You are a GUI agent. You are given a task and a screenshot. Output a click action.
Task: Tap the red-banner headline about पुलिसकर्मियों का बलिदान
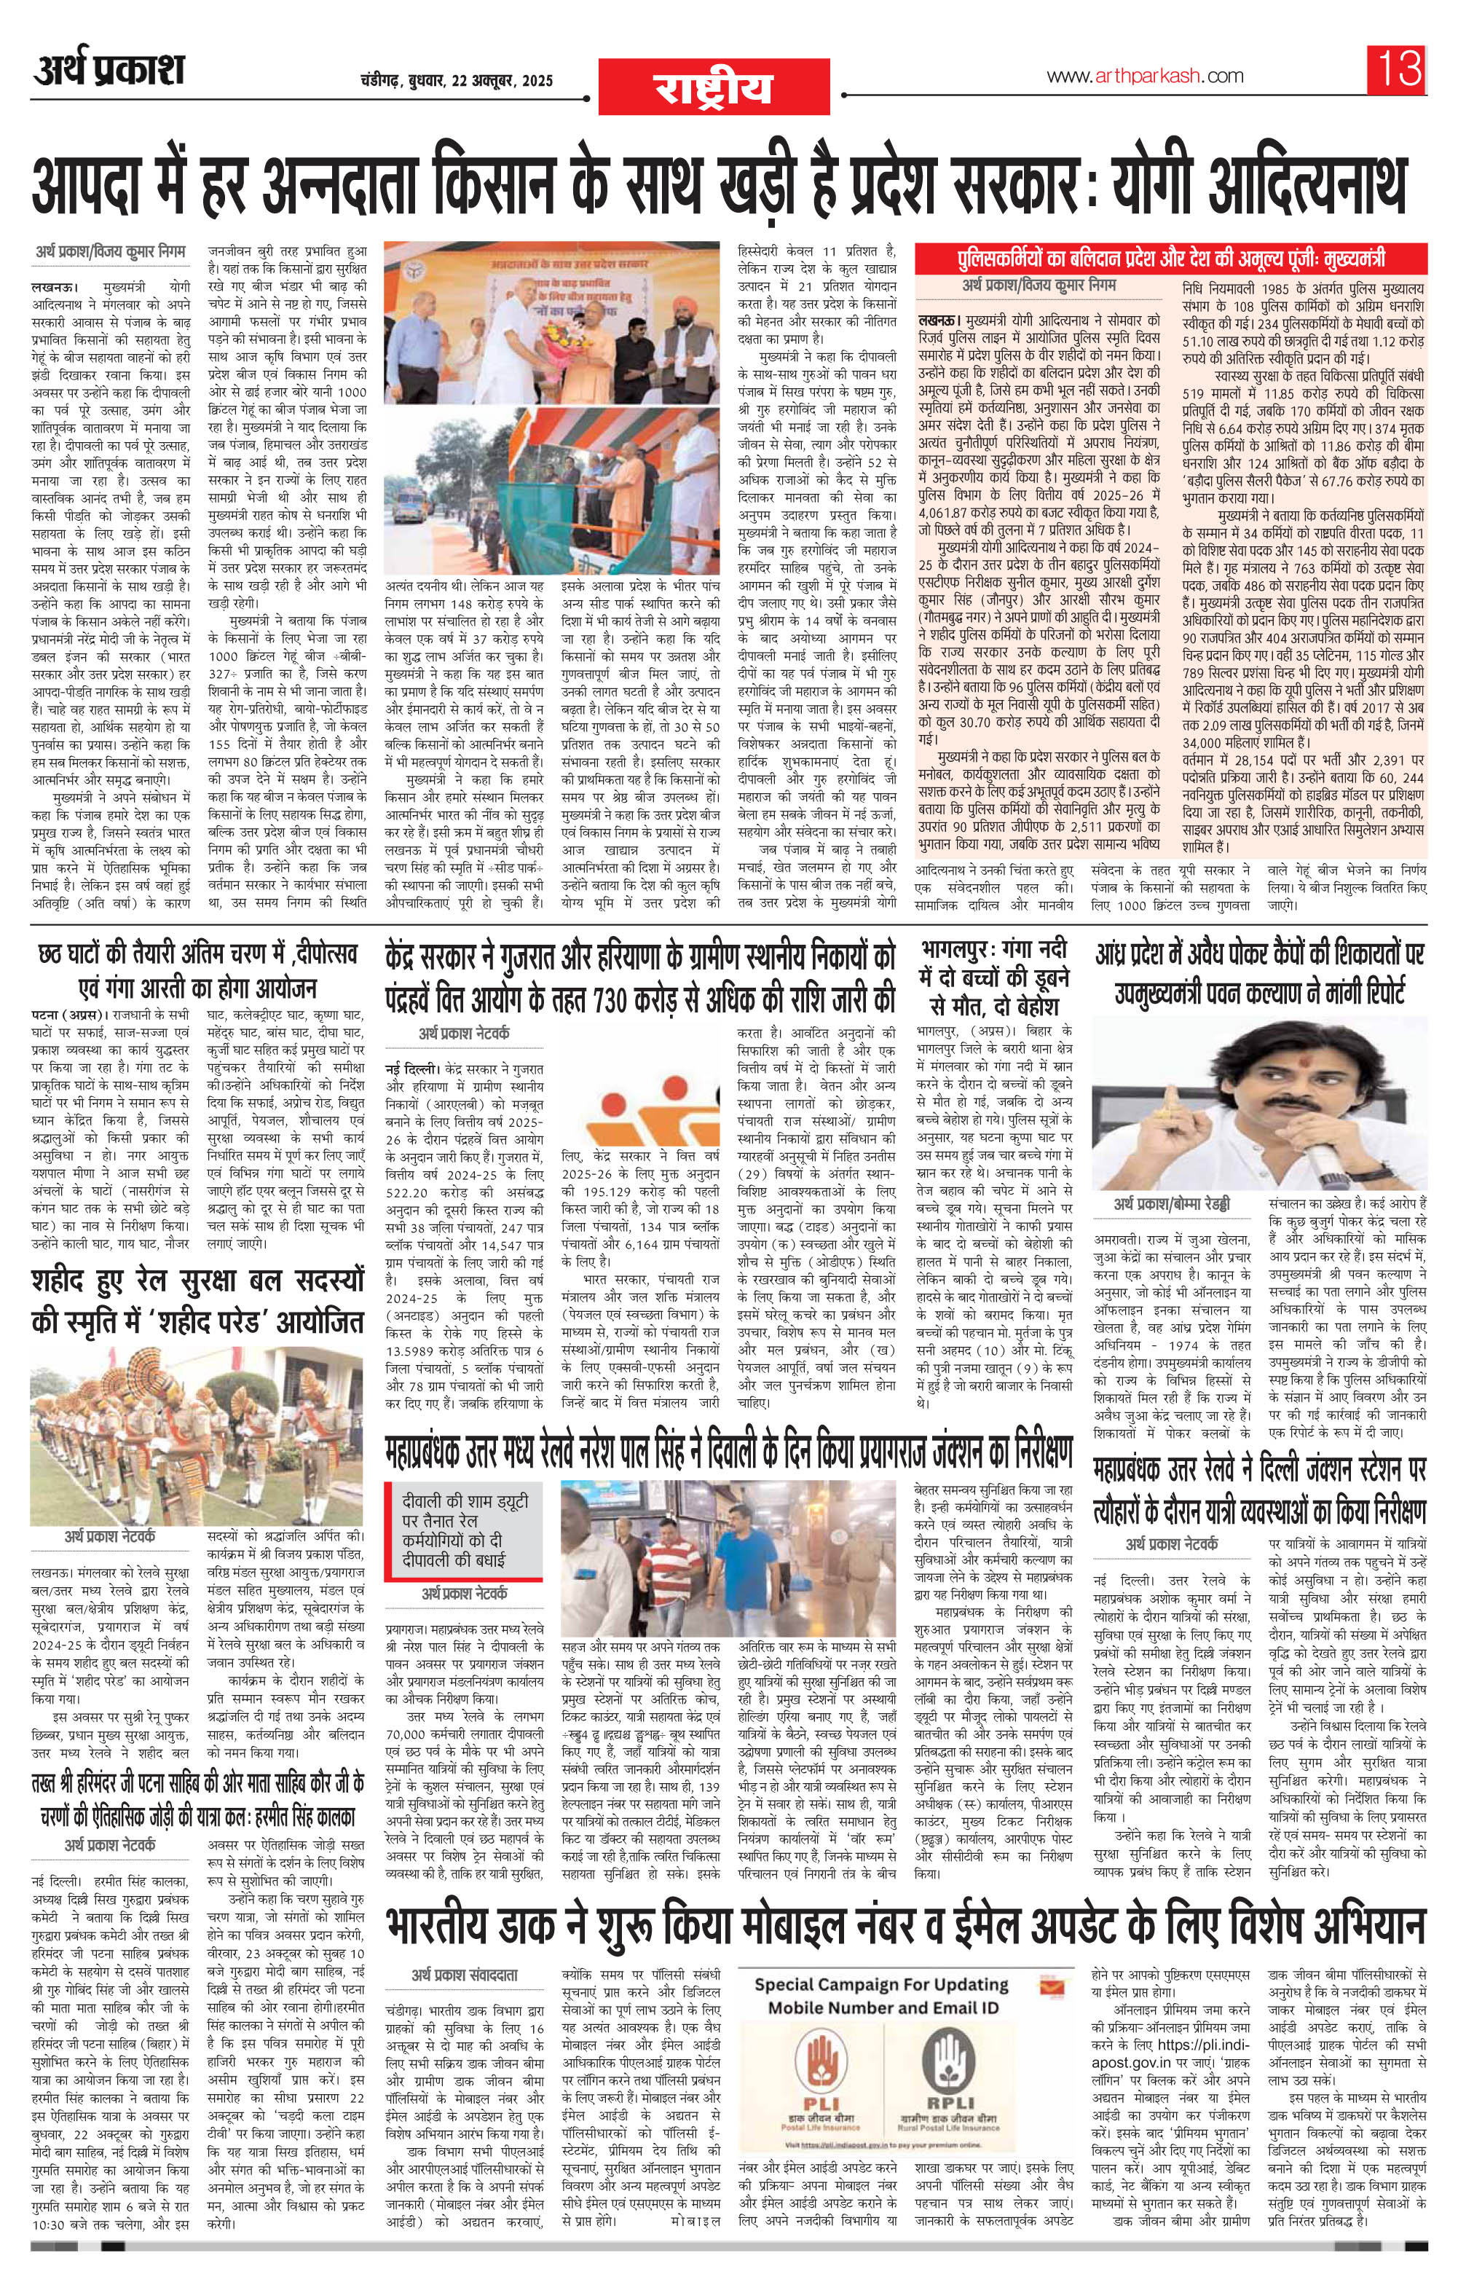[1170, 259]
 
